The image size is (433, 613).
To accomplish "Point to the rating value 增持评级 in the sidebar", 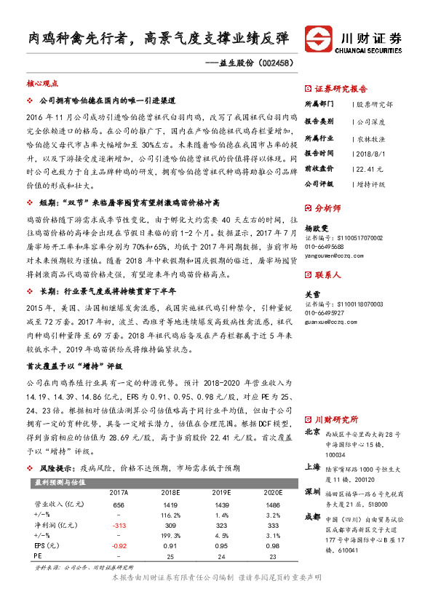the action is coord(370,184).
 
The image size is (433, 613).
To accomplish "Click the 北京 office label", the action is coord(311,432).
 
